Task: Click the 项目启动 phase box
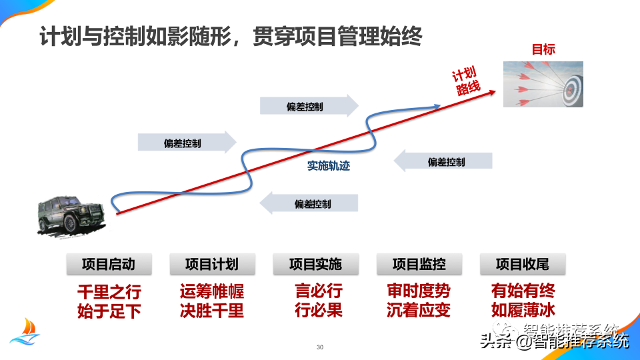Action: [x=109, y=264]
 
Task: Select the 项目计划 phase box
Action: [x=212, y=264]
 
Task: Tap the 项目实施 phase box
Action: [x=315, y=264]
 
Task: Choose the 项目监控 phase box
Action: [x=419, y=264]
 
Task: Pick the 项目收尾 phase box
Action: [x=523, y=264]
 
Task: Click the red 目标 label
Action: [x=543, y=49]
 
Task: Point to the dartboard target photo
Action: [x=543, y=84]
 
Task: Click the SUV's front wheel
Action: [x=70, y=224]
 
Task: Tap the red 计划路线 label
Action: [x=467, y=81]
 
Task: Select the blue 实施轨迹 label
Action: [x=329, y=166]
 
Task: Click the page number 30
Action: [x=320, y=347]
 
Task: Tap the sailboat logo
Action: [x=25, y=332]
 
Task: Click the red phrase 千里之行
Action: [x=109, y=292]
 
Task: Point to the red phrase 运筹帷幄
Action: [x=212, y=291]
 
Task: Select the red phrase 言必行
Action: [x=319, y=291]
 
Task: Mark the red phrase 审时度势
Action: [x=419, y=291]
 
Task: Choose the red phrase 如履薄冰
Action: [x=523, y=310]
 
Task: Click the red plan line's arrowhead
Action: [x=493, y=92]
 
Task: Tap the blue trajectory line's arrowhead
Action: [x=437, y=107]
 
